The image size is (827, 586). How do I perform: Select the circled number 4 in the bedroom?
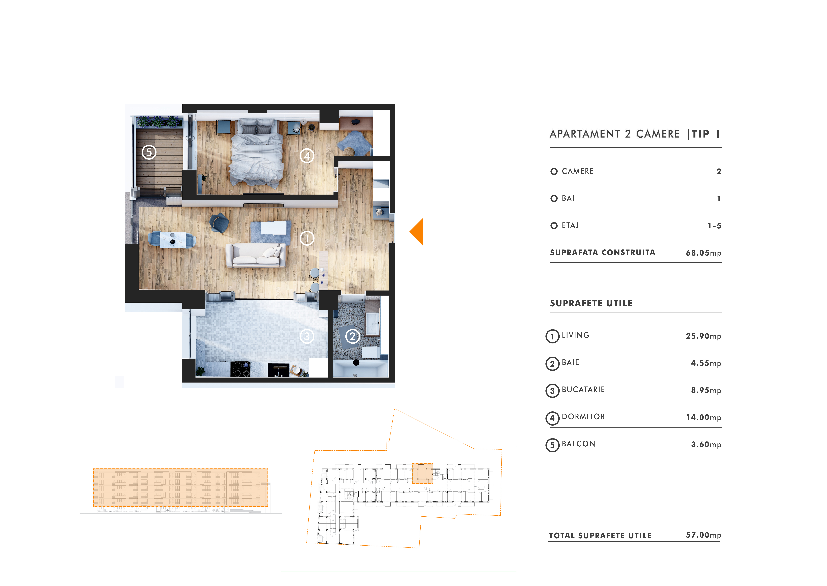click(307, 156)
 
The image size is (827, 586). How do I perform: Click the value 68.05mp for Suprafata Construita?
click(703, 253)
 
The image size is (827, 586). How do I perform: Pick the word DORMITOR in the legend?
click(583, 417)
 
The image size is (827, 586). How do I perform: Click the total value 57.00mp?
click(703, 535)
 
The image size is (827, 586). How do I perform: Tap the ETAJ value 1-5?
click(714, 226)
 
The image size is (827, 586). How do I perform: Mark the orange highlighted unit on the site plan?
click(423, 473)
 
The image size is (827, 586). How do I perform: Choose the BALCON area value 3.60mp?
click(706, 445)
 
